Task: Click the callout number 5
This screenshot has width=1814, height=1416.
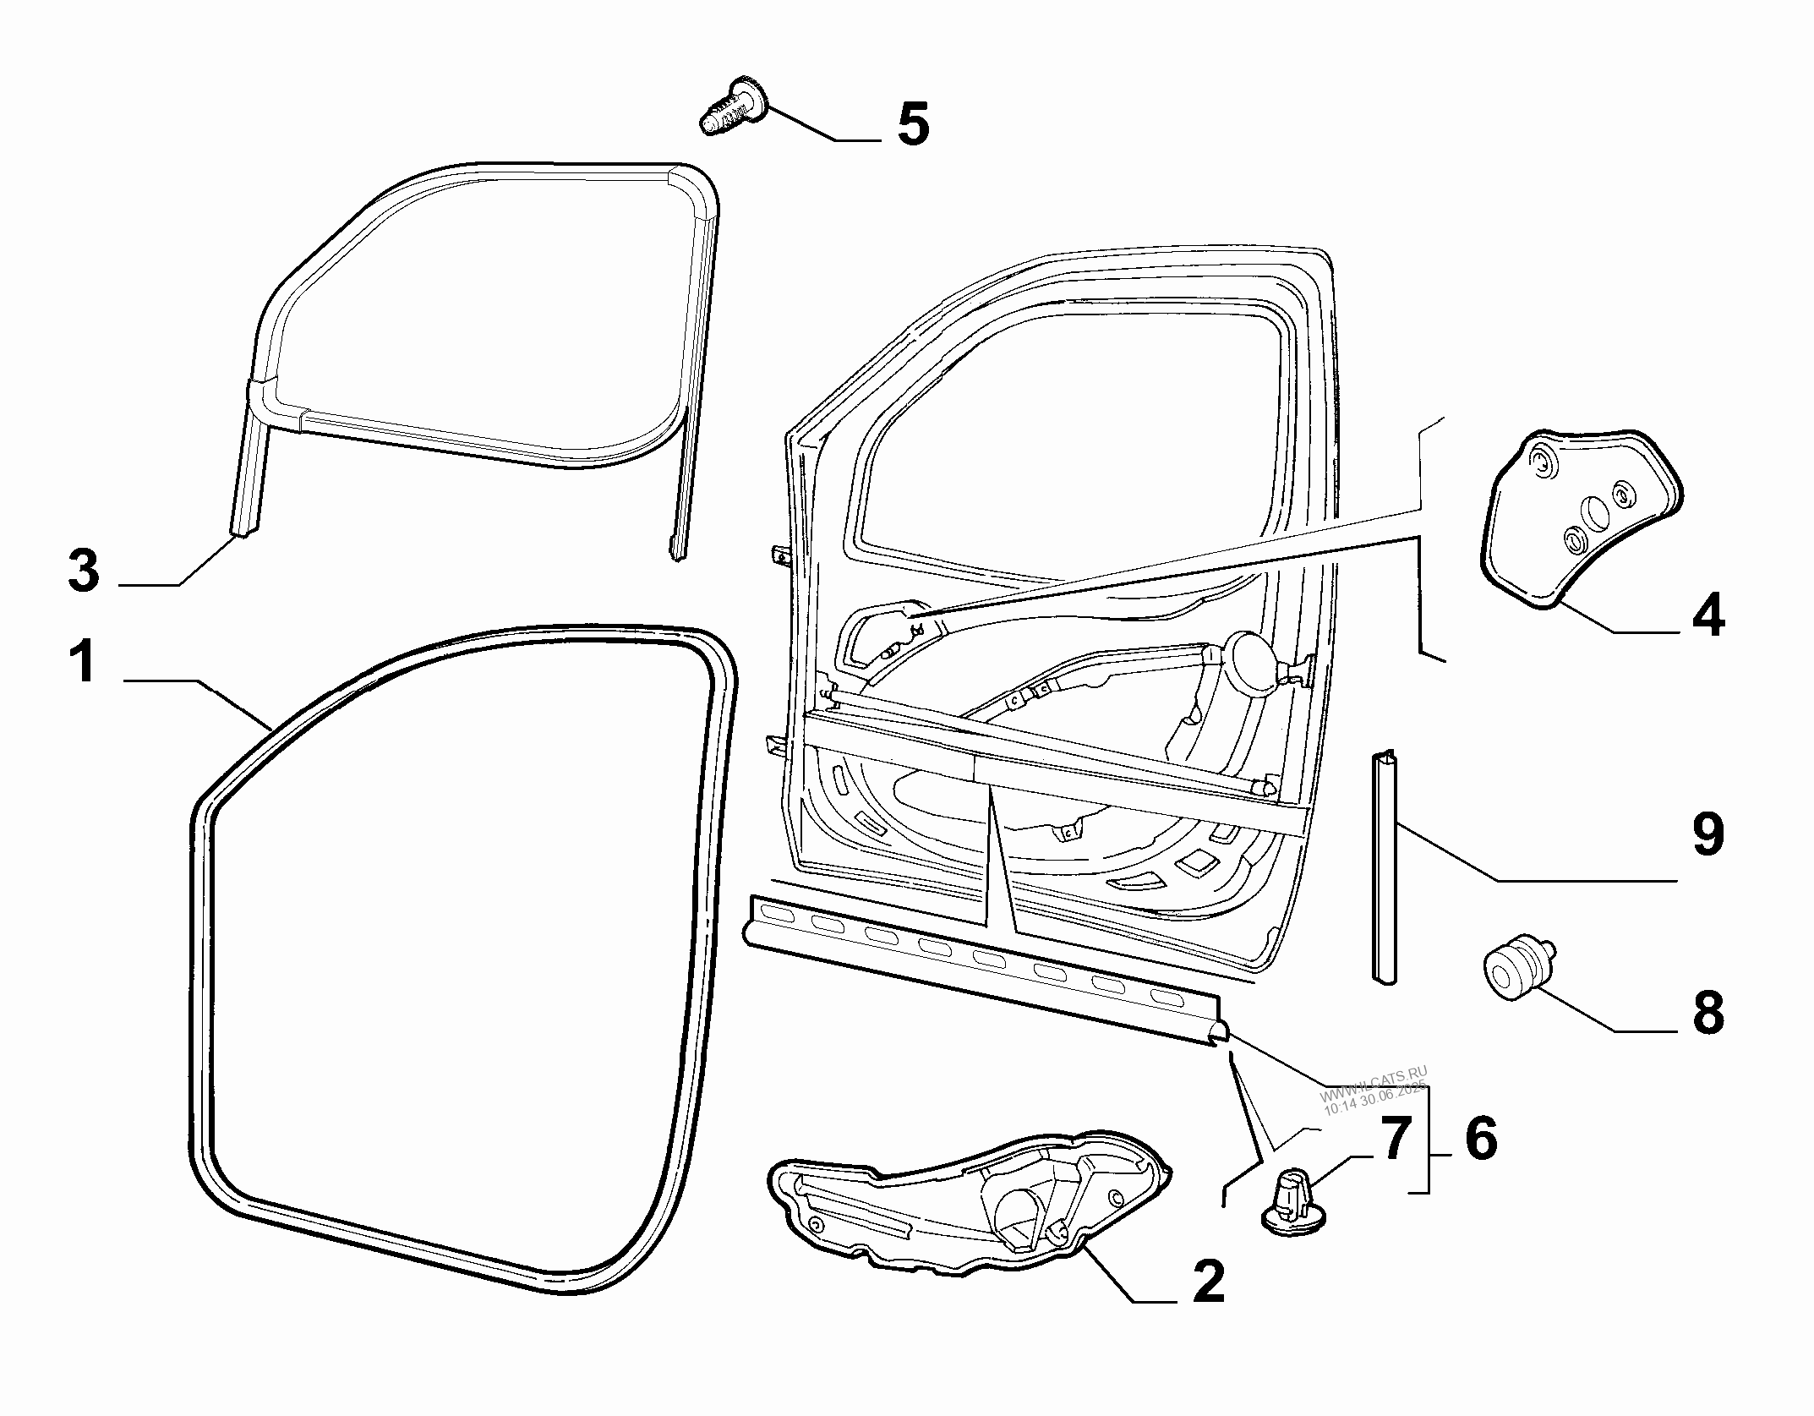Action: [x=913, y=123]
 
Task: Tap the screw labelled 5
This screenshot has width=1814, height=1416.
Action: [x=732, y=110]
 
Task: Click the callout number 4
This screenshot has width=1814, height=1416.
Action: [x=1707, y=615]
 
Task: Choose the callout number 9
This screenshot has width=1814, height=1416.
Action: [x=1707, y=835]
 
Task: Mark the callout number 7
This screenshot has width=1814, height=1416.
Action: [x=1395, y=1138]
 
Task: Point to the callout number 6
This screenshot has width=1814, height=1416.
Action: [x=1481, y=1138]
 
